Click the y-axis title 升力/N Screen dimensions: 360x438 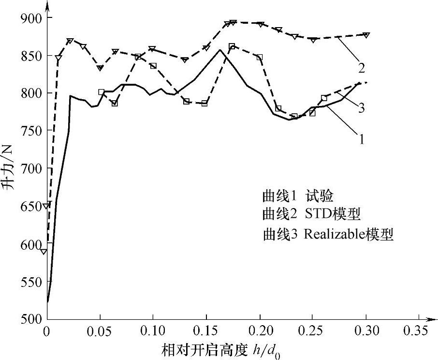(11, 166)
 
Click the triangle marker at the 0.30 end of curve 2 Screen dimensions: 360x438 (366, 35)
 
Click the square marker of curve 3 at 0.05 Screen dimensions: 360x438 (101, 92)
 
